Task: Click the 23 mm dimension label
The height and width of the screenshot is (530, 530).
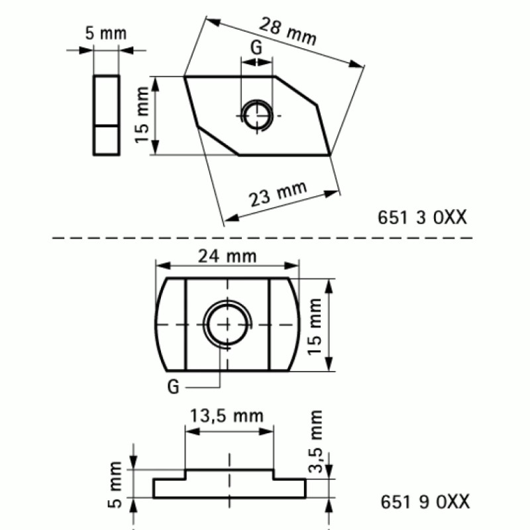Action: pos(278,195)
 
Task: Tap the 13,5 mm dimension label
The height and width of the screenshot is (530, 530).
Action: pos(227,416)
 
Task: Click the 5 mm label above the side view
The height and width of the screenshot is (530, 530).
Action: pos(107,32)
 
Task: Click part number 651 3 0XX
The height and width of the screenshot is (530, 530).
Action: pos(422,216)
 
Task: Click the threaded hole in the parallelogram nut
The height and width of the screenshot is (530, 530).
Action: pos(256,116)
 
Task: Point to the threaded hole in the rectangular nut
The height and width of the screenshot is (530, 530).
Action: pos(227,325)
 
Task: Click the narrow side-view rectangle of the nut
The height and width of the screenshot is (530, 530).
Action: pos(107,116)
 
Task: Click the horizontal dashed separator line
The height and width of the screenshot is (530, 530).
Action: pos(265,236)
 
